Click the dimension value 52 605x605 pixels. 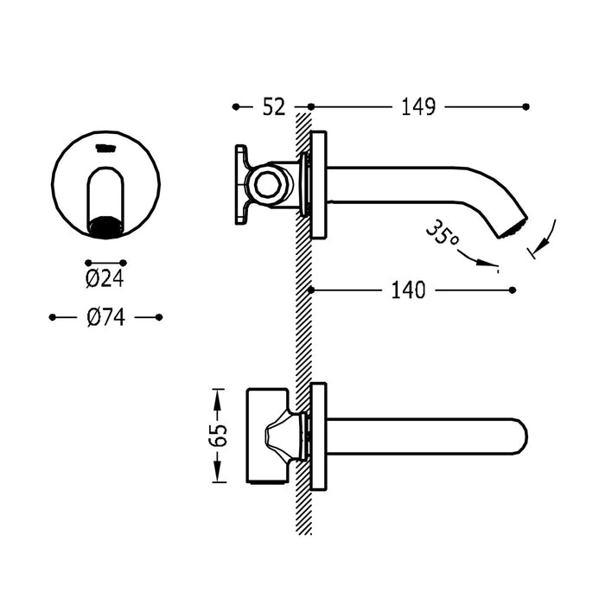coord(272,106)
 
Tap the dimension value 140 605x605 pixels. coord(408,290)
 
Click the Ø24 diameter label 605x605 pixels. coord(105,279)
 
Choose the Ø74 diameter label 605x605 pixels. coord(105,318)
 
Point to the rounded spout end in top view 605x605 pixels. coord(517,436)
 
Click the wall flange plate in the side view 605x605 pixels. coord(318,185)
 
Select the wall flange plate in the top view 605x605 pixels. coord(318,436)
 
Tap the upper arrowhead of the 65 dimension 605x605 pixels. coord(218,395)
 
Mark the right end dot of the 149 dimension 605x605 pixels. coord(526,106)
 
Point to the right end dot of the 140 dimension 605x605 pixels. coord(513,290)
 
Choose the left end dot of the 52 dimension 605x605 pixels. coord(236,106)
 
